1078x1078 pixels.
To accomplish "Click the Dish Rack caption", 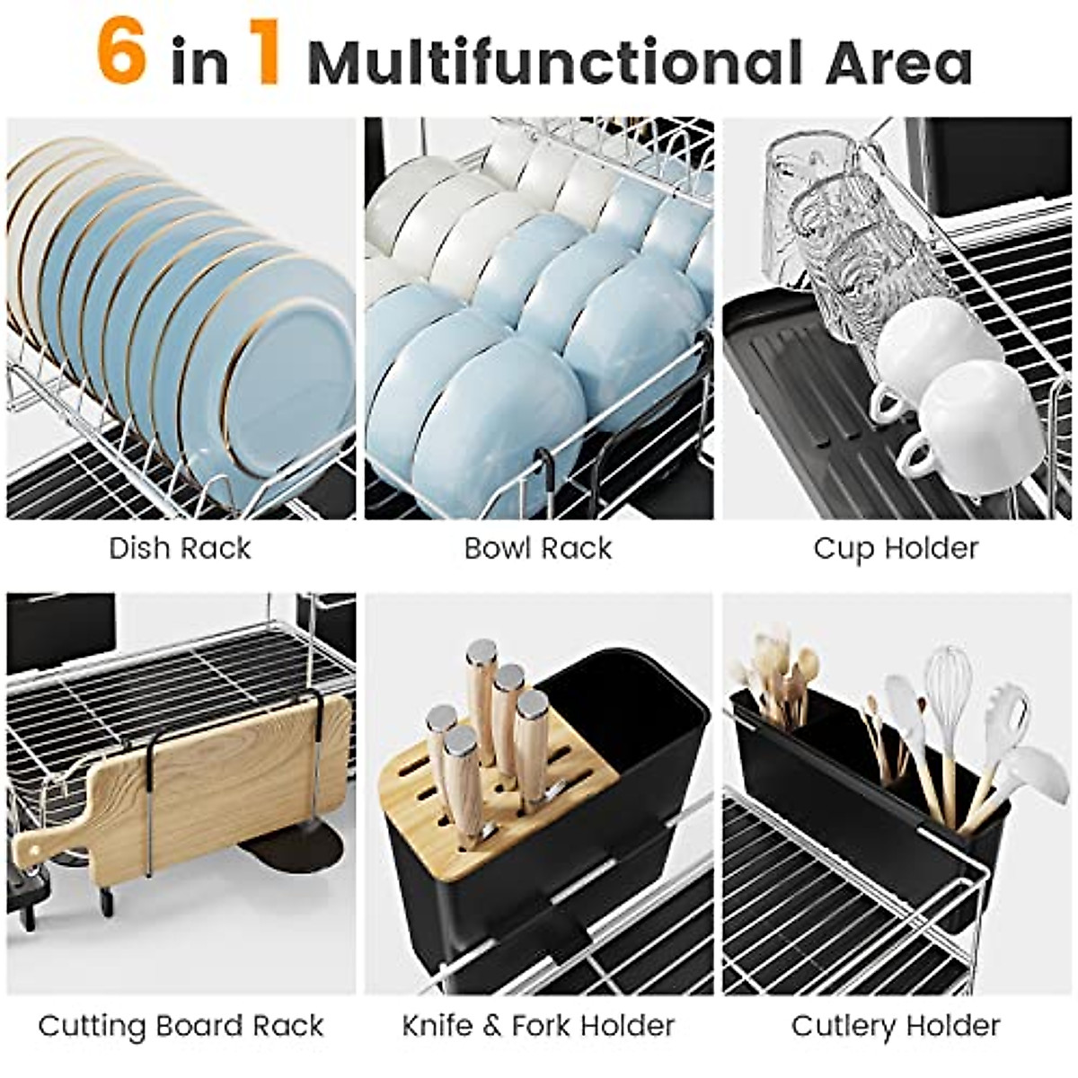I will point(180,548).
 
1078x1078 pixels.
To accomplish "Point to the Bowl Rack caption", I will point(537,548).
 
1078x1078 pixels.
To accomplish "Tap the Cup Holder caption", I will point(896,548).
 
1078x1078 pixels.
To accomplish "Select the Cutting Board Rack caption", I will point(181,1025).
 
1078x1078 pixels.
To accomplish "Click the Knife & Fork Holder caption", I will point(537,1025).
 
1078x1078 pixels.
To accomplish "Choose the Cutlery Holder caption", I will point(896,1025).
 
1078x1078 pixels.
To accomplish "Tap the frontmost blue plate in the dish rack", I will point(287,377).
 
